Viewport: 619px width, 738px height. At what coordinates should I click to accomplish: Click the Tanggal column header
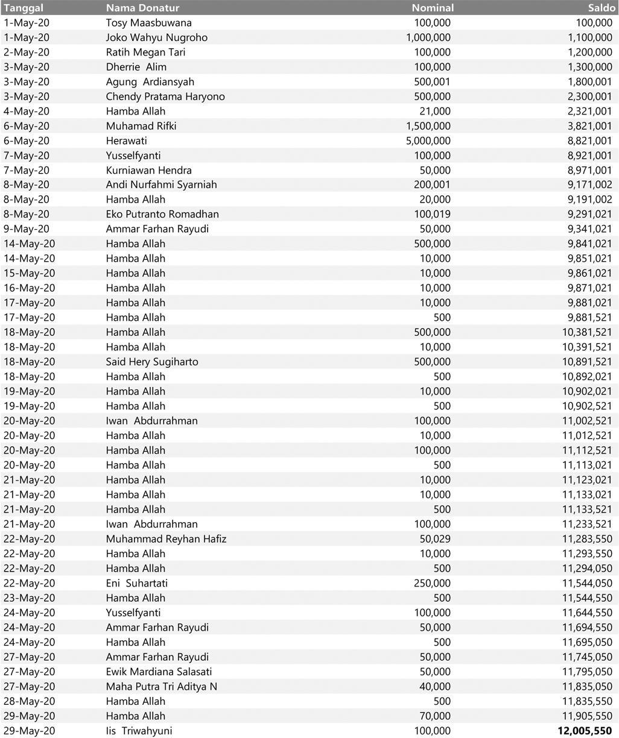click(24, 8)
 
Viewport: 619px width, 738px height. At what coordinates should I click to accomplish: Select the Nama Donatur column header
click(142, 8)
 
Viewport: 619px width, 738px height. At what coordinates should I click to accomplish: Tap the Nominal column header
click(433, 8)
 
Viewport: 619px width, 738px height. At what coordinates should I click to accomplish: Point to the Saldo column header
click(602, 8)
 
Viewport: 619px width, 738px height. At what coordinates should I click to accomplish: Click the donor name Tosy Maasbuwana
click(148, 23)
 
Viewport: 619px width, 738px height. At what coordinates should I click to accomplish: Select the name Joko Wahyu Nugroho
click(156, 37)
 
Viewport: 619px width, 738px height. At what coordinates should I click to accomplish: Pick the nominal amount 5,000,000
click(428, 140)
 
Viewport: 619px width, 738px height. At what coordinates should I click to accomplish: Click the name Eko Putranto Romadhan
click(162, 214)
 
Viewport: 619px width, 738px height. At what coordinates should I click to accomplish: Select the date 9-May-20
click(27, 229)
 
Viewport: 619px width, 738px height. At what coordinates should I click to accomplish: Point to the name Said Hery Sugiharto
click(152, 362)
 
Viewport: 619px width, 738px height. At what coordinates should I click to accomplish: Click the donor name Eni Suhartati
click(137, 583)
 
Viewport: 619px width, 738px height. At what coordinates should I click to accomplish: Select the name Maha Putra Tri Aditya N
click(162, 686)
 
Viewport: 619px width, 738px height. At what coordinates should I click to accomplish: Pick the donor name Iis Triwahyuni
click(139, 731)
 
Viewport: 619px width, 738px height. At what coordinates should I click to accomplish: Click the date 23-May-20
click(30, 598)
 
